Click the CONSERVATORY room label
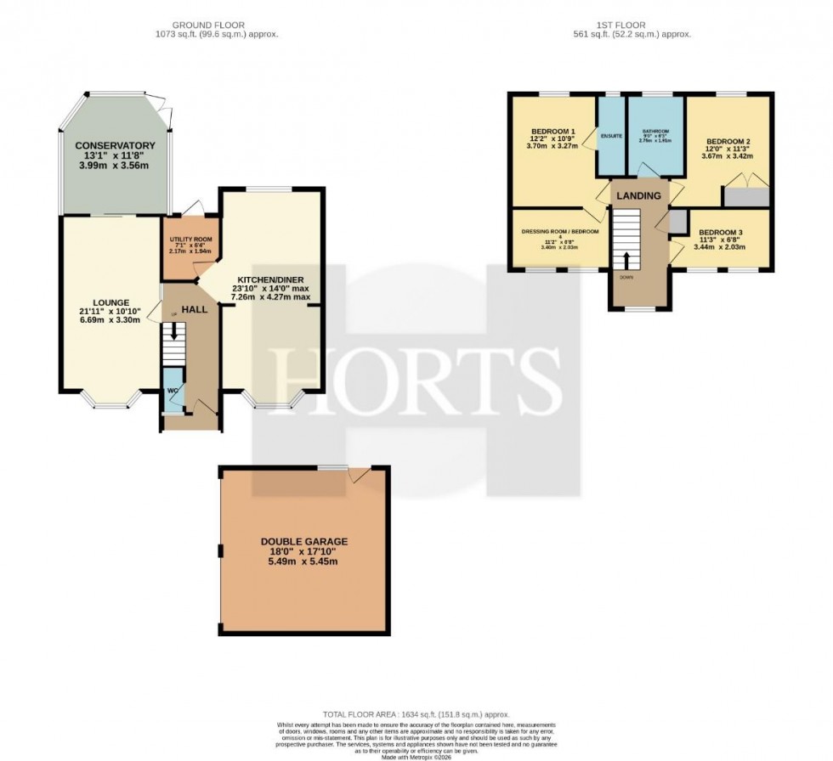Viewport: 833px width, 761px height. [115, 146]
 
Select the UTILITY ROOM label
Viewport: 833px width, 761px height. [190, 240]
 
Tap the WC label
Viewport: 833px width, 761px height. [171, 391]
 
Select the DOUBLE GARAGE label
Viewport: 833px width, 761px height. [304, 541]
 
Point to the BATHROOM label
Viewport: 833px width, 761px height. [655, 132]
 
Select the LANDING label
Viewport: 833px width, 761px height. [638, 195]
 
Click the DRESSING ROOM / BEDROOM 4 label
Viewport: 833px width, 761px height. [558, 232]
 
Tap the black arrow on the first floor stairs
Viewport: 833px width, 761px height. [627, 259]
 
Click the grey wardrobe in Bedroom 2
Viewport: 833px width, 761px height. [745, 196]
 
